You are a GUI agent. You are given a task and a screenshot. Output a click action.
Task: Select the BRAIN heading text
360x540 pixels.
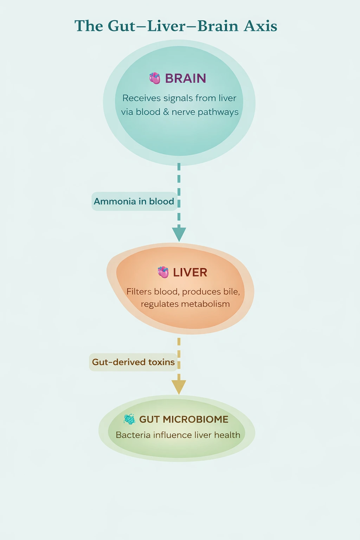pyautogui.click(x=185, y=78)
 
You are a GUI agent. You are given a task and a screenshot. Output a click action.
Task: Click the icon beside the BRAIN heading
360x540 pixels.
pyautogui.click(x=155, y=78)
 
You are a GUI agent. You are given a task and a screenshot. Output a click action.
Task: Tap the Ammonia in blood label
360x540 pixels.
pyautogui.click(x=134, y=201)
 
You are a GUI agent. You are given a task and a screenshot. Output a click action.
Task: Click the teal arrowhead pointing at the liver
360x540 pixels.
pyautogui.click(x=179, y=234)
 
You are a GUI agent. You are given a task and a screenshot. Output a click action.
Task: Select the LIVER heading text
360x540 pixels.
pyautogui.click(x=190, y=272)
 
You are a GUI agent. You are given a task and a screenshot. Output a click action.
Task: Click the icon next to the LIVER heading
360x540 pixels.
pyautogui.click(x=163, y=272)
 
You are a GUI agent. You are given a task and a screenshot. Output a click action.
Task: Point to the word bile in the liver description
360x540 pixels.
pyautogui.click(x=231, y=292)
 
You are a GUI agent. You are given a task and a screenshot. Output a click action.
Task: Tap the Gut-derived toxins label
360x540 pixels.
pyautogui.click(x=133, y=362)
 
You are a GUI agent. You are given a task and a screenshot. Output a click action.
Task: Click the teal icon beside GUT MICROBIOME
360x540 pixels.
pyautogui.click(x=129, y=419)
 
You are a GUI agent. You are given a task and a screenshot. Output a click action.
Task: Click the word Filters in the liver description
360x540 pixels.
pyautogui.click(x=139, y=292)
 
